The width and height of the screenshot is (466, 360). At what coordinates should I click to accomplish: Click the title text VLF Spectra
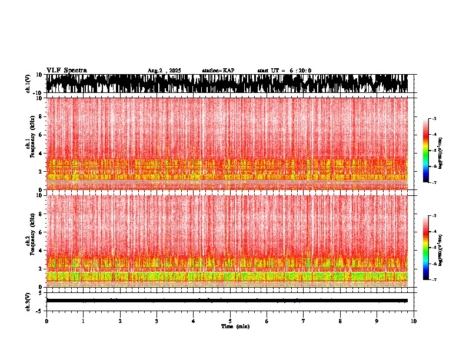66,71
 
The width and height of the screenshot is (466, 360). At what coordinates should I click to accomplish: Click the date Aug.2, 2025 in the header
164,71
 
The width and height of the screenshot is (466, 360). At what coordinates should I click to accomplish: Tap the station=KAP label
218,71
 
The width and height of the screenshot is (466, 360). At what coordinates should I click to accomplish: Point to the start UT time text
284,71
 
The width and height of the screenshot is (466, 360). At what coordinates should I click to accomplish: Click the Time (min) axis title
235,326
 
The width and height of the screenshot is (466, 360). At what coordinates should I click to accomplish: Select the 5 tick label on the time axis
230,321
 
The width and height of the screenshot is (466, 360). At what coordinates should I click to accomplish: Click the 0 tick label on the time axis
46,321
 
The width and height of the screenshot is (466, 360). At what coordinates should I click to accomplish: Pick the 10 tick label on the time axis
414,321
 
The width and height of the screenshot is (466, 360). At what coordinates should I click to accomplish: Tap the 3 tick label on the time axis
157,321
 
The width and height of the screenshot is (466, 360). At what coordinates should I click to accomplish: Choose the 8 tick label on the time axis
340,321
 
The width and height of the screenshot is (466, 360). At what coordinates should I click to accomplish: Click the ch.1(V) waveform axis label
28,84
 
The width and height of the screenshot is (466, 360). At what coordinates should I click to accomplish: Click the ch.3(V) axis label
28,301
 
